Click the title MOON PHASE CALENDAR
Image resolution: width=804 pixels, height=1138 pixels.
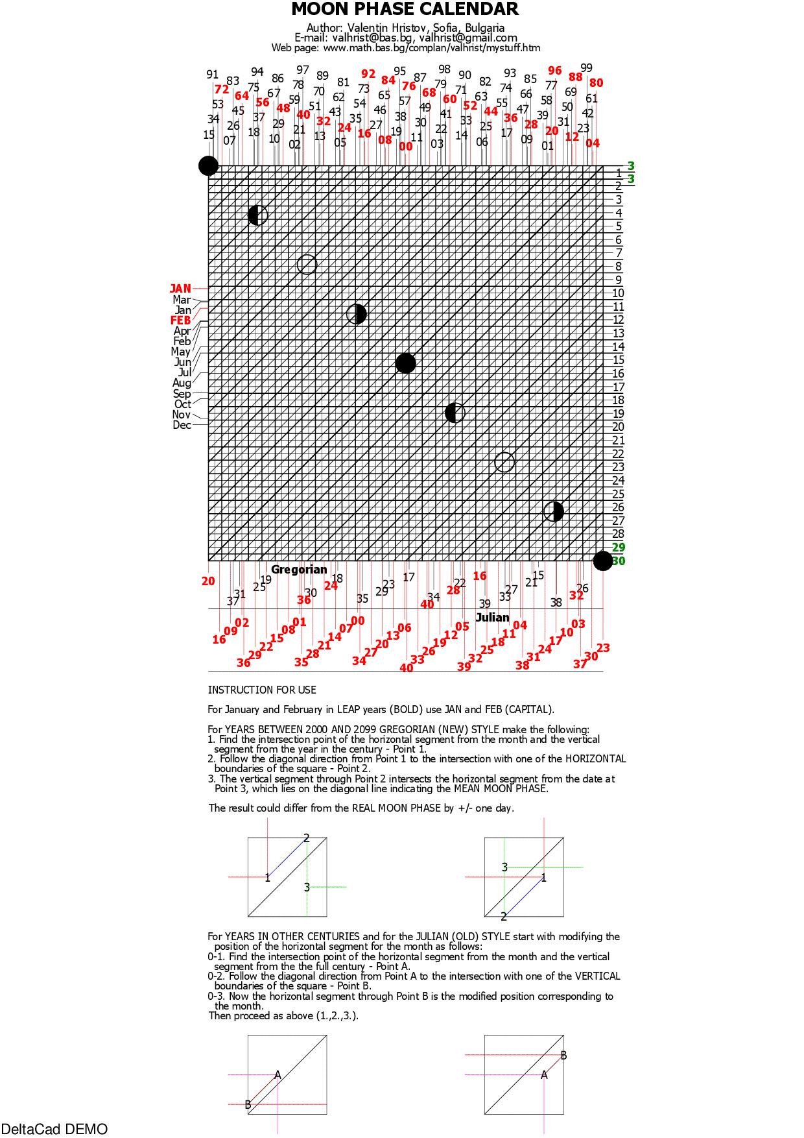coord(405,9)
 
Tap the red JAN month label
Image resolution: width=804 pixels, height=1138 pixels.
coord(180,289)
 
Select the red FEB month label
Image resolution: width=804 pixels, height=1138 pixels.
coord(180,321)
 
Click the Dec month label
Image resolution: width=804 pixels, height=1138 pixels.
coord(182,426)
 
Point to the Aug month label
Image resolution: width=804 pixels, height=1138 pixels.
coord(182,383)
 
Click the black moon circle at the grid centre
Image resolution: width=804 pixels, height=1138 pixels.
coord(405,363)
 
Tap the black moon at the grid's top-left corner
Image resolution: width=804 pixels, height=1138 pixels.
coord(208,166)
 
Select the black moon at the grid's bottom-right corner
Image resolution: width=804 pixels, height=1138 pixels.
coord(603,561)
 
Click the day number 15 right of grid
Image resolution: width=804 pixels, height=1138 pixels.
coord(619,360)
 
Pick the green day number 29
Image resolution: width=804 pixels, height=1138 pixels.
coord(619,548)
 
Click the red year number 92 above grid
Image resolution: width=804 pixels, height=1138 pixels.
coord(368,74)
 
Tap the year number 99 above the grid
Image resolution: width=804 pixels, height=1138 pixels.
coord(586,68)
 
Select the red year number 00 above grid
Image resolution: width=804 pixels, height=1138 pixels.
coord(406,147)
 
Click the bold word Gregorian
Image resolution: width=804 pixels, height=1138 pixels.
coord(299,570)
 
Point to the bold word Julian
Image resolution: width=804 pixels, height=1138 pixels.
coord(493,618)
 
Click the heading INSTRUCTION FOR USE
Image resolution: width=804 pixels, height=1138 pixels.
coord(262,690)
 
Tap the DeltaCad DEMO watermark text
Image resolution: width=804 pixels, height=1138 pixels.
coord(54,1130)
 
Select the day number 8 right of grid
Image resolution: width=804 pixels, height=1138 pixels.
coord(619,267)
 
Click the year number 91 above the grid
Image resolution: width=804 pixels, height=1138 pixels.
coord(213,75)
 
